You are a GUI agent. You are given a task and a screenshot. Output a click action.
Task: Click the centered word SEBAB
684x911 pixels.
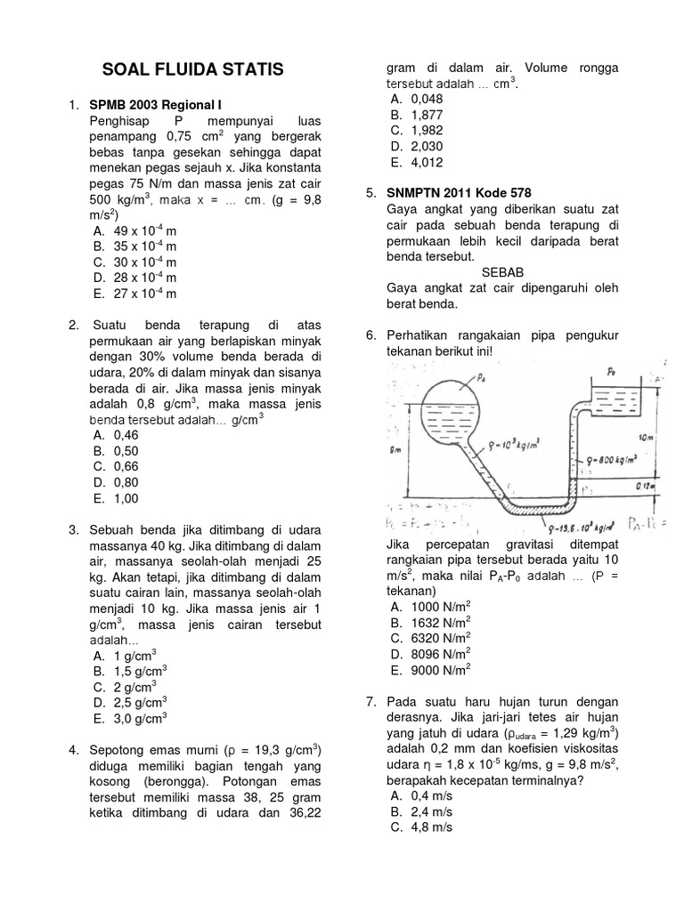pos(503,271)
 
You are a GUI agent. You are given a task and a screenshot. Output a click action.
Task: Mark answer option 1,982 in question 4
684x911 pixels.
pos(427,130)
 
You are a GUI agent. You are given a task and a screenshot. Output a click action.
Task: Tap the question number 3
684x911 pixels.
pos(74,530)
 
